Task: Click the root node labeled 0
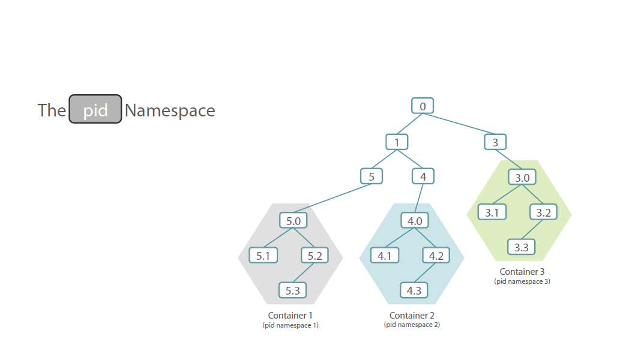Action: pyautogui.click(x=423, y=106)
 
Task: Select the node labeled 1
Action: pyautogui.click(x=397, y=142)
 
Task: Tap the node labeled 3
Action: pyautogui.click(x=495, y=142)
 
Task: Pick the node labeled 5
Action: pyautogui.click(x=372, y=176)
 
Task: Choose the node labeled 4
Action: pyautogui.click(x=423, y=176)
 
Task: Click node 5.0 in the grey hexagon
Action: pyautogui.click(x=293, y=221)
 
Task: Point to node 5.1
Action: pyautogui.click(x=263, y=256)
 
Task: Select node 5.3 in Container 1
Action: pyautogui.click(x=293, y=290)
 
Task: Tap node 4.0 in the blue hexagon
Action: pyautogui.click(x=415, y=221)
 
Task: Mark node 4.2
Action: pyautogui.click(x=436, y=256)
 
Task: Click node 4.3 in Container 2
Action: pyautogui.click(x=414, y=290)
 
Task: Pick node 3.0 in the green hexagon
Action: pyautogui.click(x=522, y=178)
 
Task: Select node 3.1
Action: pyautogui.click(x=492, y=212)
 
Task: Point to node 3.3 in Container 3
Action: pyautogui.click(x=522, y=247)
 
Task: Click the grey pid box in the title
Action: pyautogui.click(x=95, y=109)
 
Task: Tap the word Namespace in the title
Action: pyautogui.click(x=170, y=110)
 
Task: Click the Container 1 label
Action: pyautogui.click(x=290, y=315)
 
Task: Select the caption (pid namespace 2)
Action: pyautogui.click(x=412, y=325)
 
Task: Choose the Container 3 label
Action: pyautogui.click(x=522, y=272)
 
